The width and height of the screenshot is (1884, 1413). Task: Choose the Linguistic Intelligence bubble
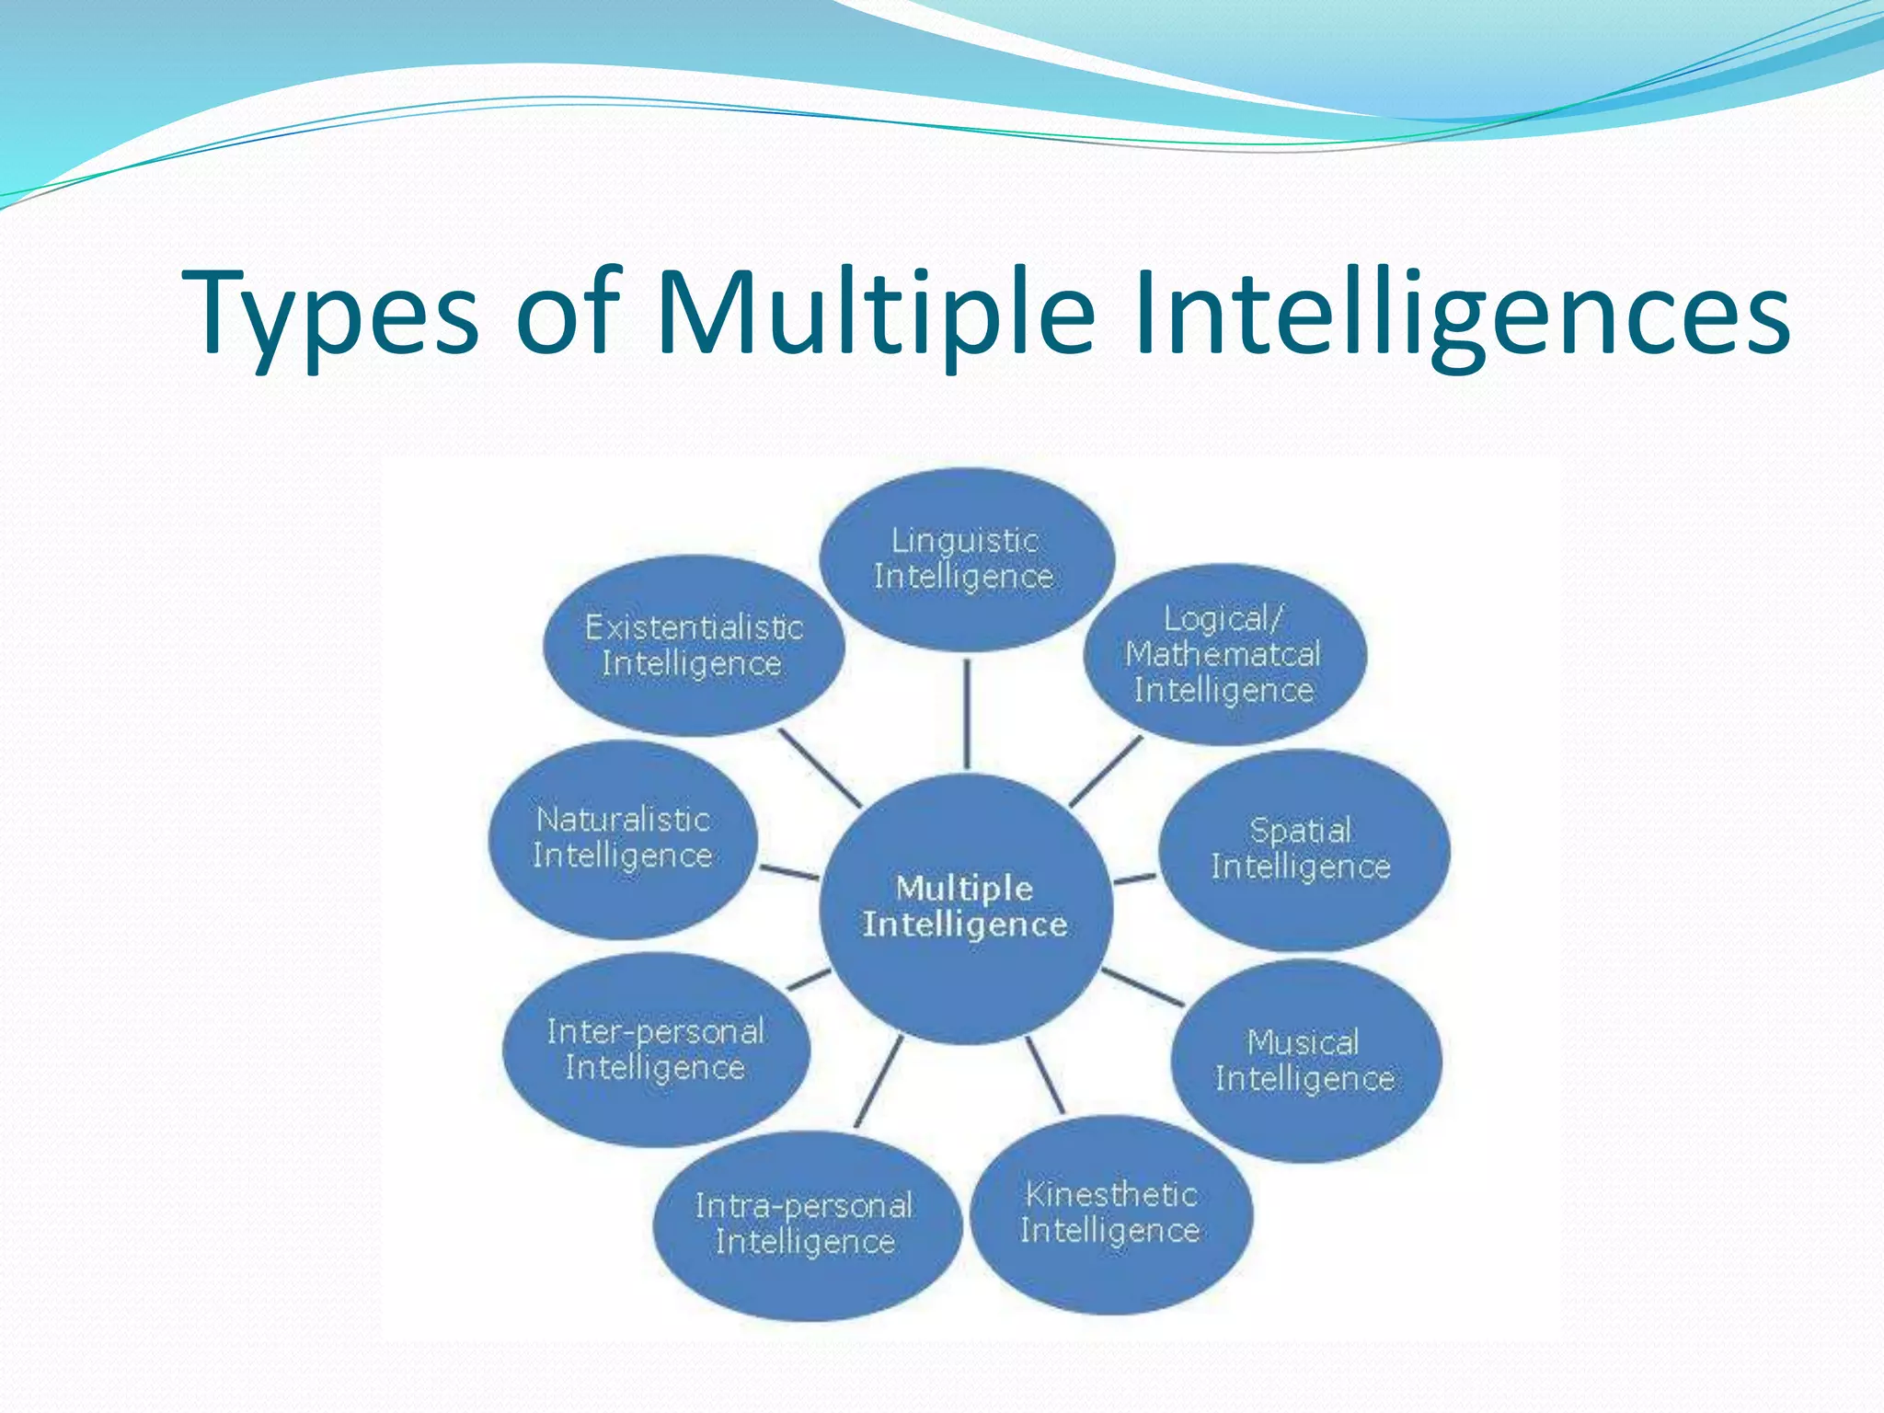966,558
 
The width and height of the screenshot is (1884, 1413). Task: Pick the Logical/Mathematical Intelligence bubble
1224,654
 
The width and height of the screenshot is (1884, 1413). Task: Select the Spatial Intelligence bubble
1303,849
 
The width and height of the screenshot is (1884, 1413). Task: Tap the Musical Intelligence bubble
1305,1061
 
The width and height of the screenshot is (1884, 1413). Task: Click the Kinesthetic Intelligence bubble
1111,1213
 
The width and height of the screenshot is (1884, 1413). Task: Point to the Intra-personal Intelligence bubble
806,1224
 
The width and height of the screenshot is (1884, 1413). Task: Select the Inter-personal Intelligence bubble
656,1050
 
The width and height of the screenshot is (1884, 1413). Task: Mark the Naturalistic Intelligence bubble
623,838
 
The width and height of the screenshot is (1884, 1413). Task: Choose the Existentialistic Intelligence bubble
694,645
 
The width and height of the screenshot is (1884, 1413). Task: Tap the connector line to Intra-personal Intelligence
879,1081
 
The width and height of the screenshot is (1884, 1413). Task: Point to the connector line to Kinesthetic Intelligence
1046,1074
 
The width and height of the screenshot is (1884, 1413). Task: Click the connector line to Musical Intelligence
1143,988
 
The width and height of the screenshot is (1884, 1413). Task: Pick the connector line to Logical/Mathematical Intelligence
1105,771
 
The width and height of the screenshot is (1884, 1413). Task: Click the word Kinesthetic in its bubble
1111,1195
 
